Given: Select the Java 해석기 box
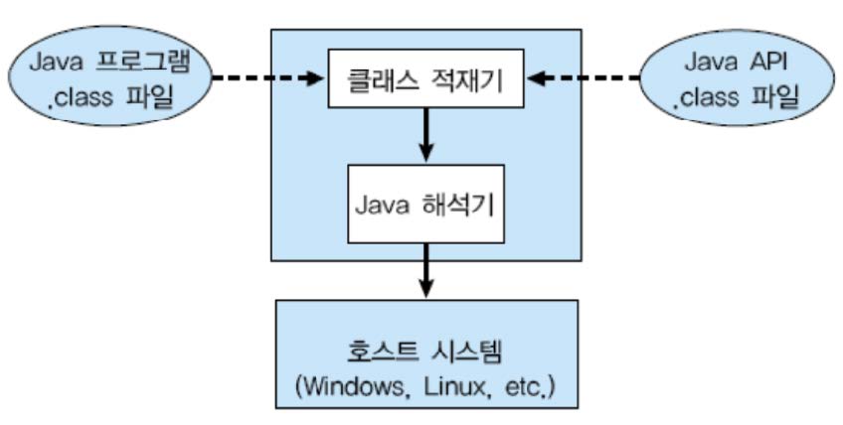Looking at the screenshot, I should pyautogui.click(x=424, y=206).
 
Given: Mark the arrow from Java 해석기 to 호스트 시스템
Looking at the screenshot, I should pyautogui.click(x=425, y=271).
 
